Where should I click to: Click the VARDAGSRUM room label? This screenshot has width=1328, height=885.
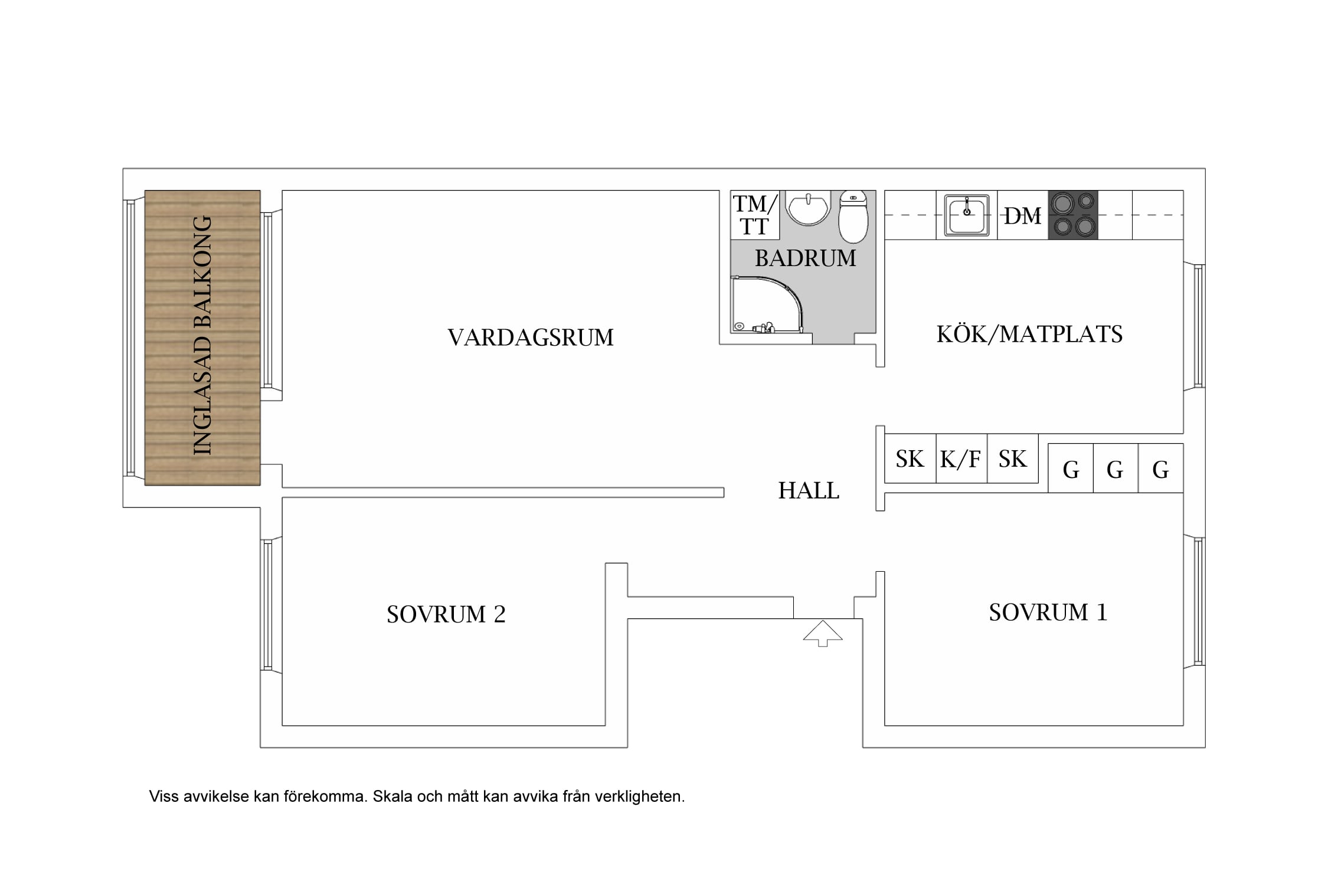click(531, 337)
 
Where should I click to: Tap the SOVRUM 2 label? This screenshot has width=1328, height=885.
click(446, 614)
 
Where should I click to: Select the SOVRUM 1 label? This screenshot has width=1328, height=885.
click(1048, 612)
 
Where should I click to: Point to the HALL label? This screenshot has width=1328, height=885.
click(809, 490)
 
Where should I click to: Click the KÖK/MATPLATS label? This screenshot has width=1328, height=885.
click(1029, 334)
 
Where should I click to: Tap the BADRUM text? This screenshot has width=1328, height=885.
click(806, 258)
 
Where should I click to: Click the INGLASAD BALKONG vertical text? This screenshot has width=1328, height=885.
click(202, 335)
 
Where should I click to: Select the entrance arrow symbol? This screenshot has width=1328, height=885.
click(823, 633)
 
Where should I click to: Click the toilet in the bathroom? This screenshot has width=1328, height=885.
click(853, 217)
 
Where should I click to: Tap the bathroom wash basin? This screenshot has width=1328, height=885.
click(809, 209)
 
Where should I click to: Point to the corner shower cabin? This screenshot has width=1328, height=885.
click(767, 304)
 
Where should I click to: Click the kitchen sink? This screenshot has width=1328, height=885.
click(967, 215)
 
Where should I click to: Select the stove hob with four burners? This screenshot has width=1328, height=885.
click(1073, 215)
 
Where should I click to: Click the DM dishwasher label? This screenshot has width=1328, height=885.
click(1023, 216)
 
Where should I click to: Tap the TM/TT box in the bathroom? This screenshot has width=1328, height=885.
click(755, 215)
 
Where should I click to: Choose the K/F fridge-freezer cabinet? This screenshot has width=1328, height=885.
click(961, 458)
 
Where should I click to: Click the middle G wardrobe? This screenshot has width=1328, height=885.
click(1115, 468)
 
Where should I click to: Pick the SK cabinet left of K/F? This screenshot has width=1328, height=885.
click(910, 458)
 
